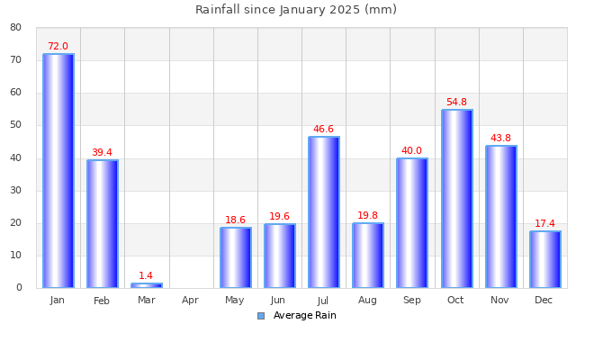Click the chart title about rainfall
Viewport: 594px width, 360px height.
[296, 10]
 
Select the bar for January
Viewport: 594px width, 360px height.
[58, 171]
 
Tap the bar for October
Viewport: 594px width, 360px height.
[456, 199]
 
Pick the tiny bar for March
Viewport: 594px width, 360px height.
[146, 285]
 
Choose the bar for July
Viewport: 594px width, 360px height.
[323, 212]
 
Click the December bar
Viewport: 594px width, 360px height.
[544, 259]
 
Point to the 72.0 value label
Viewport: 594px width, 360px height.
[58, 47]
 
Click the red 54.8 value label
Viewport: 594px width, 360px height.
[456, 103]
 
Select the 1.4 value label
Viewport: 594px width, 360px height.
[146, 276]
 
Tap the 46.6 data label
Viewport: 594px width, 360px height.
[323, 130]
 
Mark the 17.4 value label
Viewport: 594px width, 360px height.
[544, 224]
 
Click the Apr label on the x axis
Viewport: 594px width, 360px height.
[190, 301]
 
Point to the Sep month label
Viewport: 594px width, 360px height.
[411, 301]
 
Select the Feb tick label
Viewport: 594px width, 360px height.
[102, 301]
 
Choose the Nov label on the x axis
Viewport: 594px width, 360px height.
[499, 301]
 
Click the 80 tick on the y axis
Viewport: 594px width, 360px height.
[16, 28]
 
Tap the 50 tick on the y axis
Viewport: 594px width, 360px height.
[16, 126]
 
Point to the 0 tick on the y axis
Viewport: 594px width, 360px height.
[19, 288]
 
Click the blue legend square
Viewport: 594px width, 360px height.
[261, 316]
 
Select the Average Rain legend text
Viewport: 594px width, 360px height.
[304, 316]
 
